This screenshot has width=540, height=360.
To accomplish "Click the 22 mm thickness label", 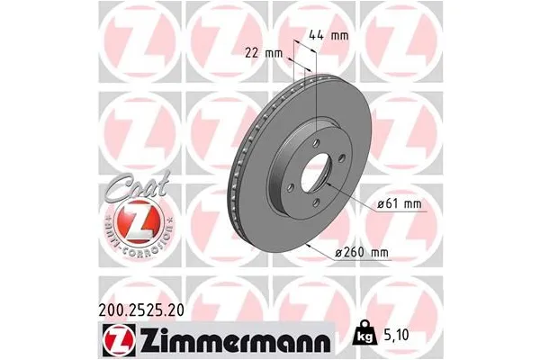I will [x=262, y=53].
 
